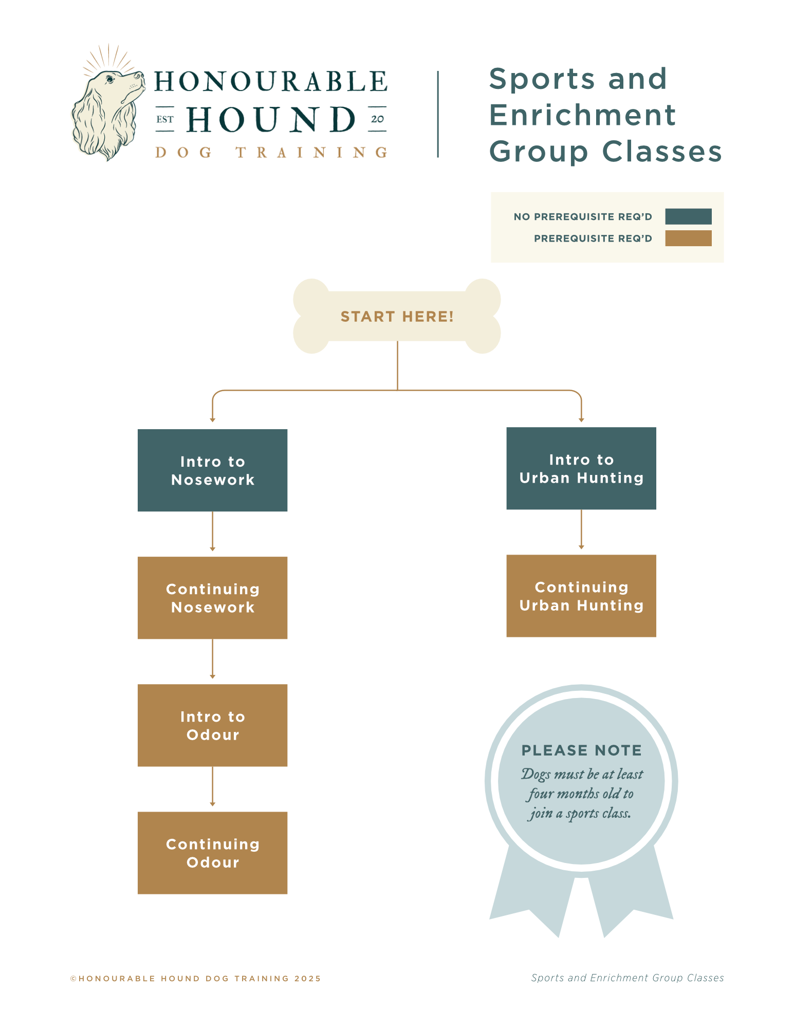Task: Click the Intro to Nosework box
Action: (212, 470)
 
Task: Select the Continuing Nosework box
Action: (212, 598)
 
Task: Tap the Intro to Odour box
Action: (212, 725)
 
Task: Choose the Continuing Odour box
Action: (212, 853)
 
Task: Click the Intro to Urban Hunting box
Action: (581, 468)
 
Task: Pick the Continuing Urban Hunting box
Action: (581, 596)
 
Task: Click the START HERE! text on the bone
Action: (397, 317)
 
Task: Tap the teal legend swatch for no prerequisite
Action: (688, 216)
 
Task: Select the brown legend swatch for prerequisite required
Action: (688, 238)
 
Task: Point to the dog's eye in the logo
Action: (109, 80)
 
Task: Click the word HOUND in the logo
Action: (271, 120)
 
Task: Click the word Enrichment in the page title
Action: (582, 115)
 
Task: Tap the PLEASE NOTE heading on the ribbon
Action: (581, 750)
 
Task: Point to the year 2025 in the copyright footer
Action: (307, 979)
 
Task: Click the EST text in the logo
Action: (165, 120)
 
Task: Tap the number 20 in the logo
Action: (377, 119)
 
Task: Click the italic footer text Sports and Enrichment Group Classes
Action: (627, 978)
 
